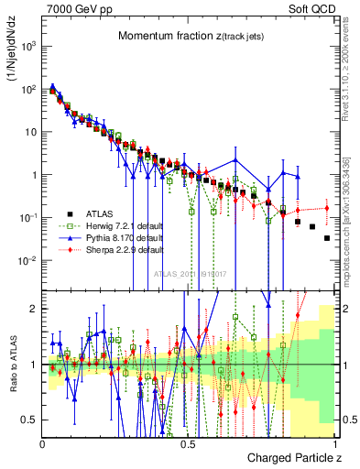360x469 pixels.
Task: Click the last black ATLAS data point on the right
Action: tap(327, 238)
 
